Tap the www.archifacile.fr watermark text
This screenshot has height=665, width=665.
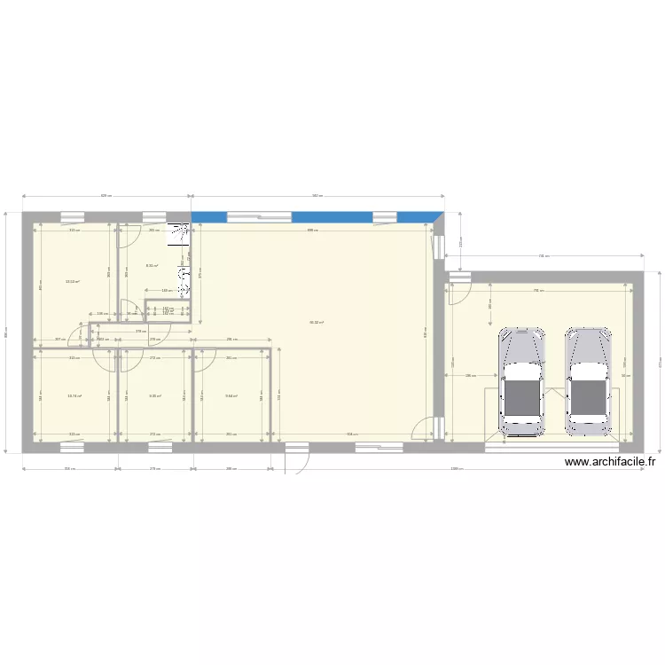tap(608, 461)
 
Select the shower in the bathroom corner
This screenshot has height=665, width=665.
tap(181, 236)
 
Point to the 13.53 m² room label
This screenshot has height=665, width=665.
tap(73, 282)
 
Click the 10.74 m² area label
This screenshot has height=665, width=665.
tap(74, 396)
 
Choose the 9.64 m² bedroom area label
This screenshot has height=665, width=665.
tap(231, 396)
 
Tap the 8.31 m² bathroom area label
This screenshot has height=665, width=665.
tap(152, 265)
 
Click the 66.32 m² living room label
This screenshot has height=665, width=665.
tap(316, 323)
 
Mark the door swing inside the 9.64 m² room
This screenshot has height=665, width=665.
tap(205, 359)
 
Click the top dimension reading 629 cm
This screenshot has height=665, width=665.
tap(106, 196)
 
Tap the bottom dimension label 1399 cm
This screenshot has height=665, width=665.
tap(455, 469)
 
